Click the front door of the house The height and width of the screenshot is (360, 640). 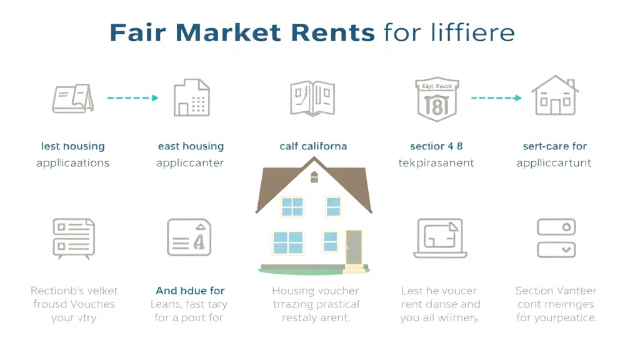[x=354, y=247]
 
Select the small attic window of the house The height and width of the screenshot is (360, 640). [x=314, y=177]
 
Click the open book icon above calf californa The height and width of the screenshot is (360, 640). [x=313, y=97]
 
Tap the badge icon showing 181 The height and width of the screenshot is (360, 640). [x=437, y=97]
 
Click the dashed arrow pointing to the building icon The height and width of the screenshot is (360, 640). [x=132, y=98]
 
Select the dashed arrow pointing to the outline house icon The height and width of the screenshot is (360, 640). [x=496, y=98]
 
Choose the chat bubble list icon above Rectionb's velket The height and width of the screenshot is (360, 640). [x=73, y=238]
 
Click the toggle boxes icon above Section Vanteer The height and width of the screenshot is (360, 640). [x=556, y=237]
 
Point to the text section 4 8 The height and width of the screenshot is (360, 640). [x=436, y=146]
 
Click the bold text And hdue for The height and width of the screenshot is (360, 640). [x=190, y=291]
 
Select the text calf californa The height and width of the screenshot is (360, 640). [x=313, y=146]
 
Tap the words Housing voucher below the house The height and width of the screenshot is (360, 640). [x=315, y=291]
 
